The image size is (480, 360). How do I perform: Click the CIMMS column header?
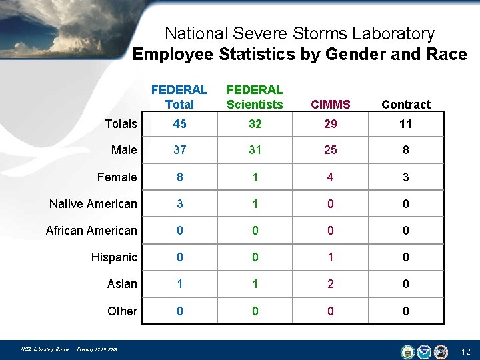click(330, 104)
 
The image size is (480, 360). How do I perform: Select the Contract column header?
click(405, 104)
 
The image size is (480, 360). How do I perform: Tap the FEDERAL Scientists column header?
click(255, 97)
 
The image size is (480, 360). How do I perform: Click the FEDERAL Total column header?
click(179, 97)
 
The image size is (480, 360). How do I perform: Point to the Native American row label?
click(93, 204)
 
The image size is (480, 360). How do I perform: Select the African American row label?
click(91, 231)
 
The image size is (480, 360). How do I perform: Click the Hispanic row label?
click(114, 257)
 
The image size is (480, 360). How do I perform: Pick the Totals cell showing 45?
click(179, 123)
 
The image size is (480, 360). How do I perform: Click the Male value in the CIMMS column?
click(330, 150)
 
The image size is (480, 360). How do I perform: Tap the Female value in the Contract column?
click(405, 177)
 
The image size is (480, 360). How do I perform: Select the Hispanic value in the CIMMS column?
click(330, 257)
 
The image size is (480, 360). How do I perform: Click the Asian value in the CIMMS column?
click(330, 284)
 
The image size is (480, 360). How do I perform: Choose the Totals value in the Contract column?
click(405, 123)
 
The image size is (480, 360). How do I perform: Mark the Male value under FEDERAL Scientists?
click(255, 150)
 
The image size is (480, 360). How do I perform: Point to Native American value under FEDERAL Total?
click(179, 204)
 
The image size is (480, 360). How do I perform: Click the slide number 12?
click(465, 351)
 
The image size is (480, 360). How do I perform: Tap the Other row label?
click(122, 311)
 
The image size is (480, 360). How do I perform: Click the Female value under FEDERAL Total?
click(179, 177)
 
